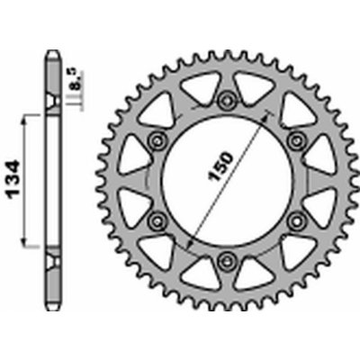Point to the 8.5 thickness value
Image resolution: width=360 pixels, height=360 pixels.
pos(77,84)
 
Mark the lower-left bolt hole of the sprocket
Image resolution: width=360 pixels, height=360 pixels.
pos(155,220)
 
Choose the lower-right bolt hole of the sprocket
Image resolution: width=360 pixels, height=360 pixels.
pos(292,220)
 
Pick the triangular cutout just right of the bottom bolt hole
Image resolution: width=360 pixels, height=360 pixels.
pos(253,269)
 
